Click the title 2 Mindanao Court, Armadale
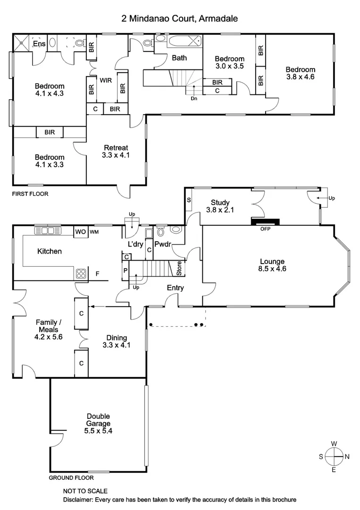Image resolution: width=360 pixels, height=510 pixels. click(x=179, y=18)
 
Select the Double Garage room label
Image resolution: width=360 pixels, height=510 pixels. click(x=98, y=424)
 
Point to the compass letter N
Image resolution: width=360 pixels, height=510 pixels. click(x=347, y=456)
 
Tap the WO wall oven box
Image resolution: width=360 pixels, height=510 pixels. click(x=80, y=232)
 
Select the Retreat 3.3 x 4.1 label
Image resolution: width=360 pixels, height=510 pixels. click(x=115, y=151)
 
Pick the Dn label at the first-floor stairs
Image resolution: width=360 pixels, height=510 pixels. click(x=193, y=99)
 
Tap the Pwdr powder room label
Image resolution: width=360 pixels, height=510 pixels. click(x=162, y=245)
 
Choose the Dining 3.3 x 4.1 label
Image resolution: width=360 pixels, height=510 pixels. click(x=116, y=341)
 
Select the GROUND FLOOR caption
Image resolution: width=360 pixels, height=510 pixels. click(x=71, y=478)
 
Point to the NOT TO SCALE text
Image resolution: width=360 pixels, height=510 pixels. click(x=85, y=491)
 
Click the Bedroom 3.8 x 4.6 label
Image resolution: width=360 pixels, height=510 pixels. click(x=300, y=73)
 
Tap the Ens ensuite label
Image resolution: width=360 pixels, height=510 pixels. click(x=39, y=44)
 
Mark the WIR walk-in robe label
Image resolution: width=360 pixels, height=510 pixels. click(x=105, y=80)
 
